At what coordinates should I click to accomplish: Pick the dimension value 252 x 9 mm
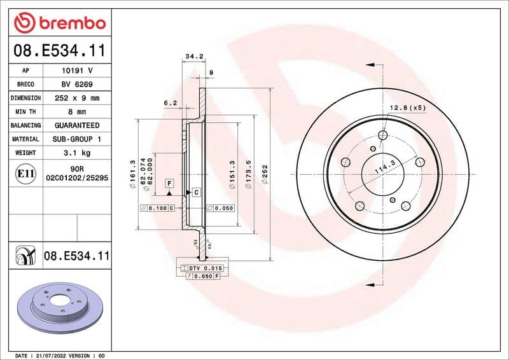coord(76,98)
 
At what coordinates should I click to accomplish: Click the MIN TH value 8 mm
coord(76,111)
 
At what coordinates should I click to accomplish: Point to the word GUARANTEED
coord(76,125)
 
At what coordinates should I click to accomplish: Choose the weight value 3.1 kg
coord(76,153)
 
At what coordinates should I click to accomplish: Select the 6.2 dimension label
coord(170,102)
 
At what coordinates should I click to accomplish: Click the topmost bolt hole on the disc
coord(382,135)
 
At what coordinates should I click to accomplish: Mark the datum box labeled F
coord(169,183)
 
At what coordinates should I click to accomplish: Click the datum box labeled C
coord(196,191)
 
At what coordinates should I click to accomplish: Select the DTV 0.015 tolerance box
coord(200,269)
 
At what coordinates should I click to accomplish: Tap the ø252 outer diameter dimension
coord(265,172)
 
